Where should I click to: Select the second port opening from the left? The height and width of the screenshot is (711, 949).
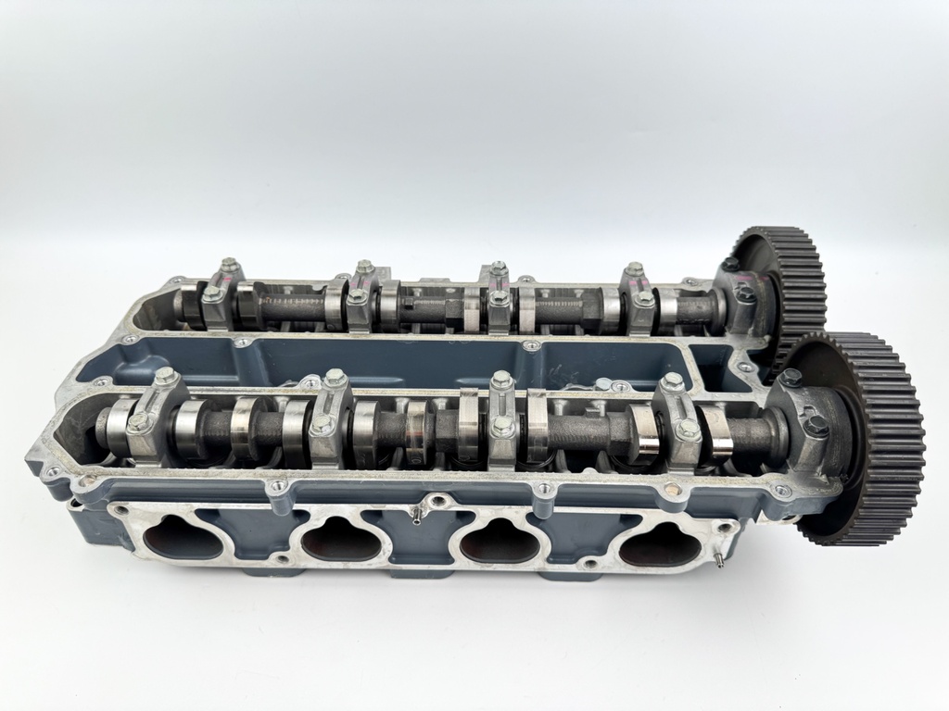(x=341, y=538)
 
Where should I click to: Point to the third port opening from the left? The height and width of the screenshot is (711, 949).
(x=500, y=542)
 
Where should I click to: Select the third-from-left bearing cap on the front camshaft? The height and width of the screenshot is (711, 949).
(x=502, y=422)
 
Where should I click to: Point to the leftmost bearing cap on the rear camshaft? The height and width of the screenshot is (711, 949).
(x=220, y=293)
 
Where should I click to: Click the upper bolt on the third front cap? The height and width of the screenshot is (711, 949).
(x=501, y=379)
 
